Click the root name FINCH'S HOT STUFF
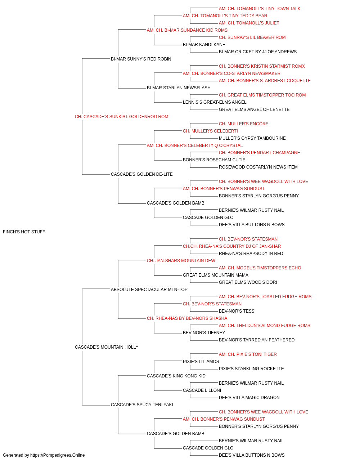24,232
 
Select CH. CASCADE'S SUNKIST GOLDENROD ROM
121,117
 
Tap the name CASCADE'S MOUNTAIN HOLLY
107,347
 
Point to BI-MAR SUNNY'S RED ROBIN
141,59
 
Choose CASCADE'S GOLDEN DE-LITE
141,174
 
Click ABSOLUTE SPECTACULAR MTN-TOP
149,289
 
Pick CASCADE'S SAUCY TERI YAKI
142,404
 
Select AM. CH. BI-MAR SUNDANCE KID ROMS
187,30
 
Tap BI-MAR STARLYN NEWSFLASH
179,88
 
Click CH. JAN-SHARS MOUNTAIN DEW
181,260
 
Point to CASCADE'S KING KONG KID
176,376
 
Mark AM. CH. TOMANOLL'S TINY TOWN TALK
260,9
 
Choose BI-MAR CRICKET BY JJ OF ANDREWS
258,52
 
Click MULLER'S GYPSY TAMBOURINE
252,138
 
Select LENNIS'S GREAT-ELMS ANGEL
215,102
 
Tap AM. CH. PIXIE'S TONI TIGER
248,354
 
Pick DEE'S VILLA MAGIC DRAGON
249,397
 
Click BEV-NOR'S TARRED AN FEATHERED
257,340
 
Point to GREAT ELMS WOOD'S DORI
248,282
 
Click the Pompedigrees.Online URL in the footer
57,455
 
